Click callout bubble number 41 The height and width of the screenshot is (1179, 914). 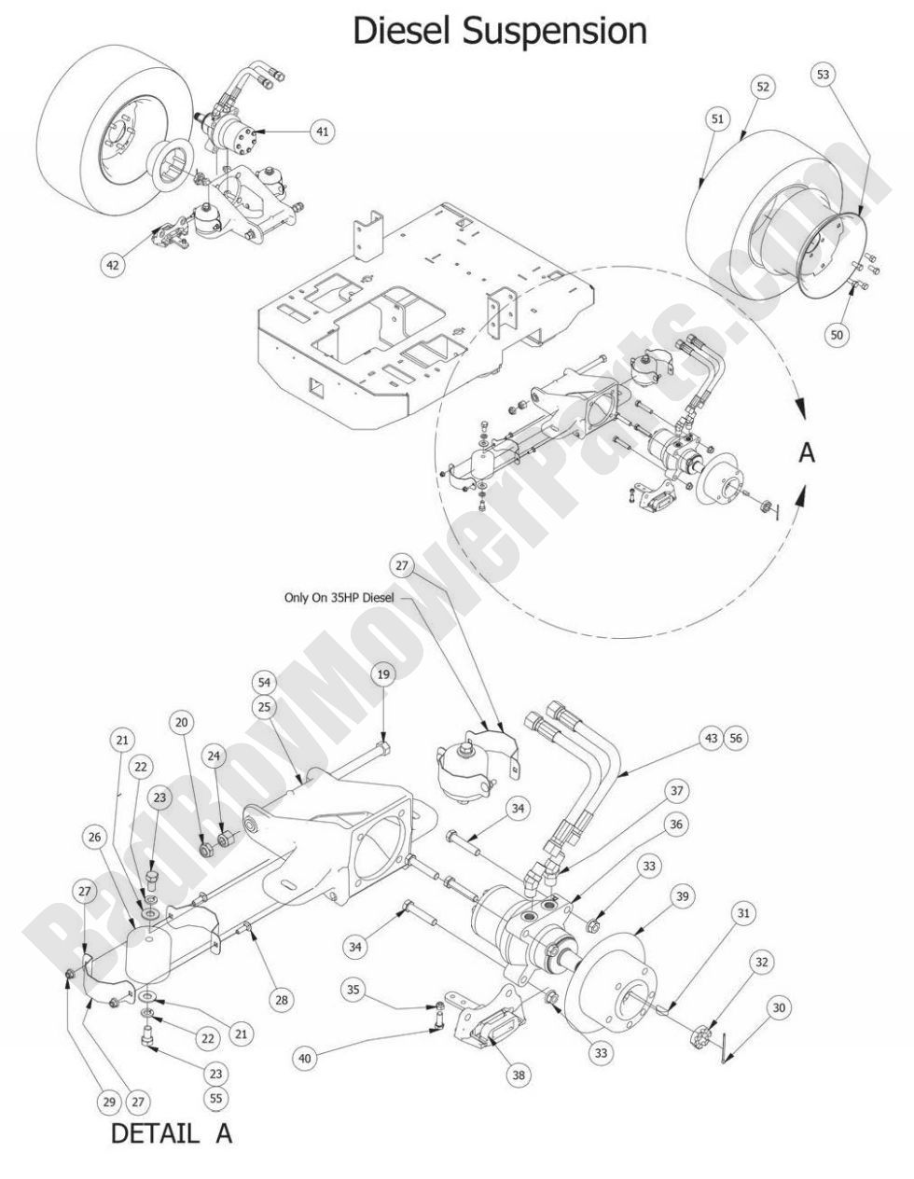point(322,132)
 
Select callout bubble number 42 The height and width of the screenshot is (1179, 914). point(112,264)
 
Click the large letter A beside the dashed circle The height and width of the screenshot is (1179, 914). point(808,452)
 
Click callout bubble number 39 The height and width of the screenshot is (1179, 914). point(683,896)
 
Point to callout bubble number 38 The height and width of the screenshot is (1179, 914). point(519,1075)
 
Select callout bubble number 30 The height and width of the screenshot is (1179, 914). point(777,1007)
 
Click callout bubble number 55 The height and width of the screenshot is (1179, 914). point(216,1099)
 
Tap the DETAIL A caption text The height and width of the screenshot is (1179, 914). point(172,1134)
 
